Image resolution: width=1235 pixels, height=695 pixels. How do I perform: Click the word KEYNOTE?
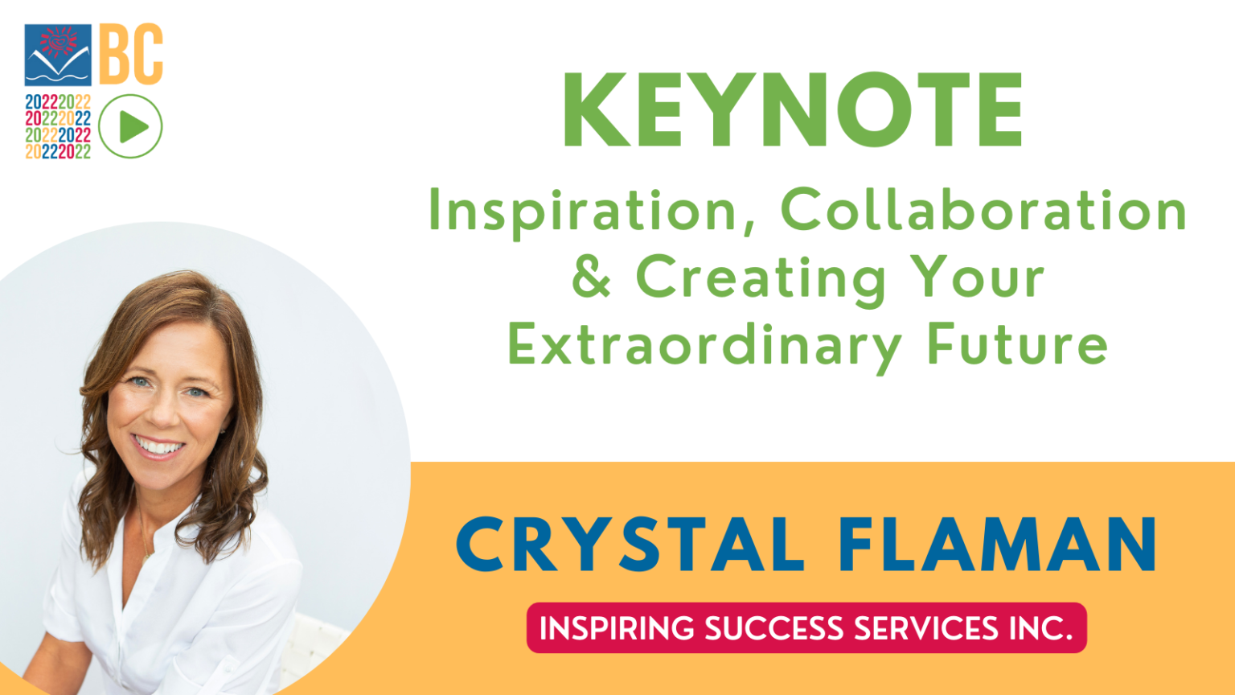[792, 110]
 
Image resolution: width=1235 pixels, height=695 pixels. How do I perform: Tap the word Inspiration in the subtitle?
[583, 211]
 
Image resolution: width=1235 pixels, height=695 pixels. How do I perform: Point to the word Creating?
[760, 278]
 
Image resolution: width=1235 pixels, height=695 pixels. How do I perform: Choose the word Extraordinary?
[704, 346]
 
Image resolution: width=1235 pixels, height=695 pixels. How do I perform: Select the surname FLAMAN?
[997, 545]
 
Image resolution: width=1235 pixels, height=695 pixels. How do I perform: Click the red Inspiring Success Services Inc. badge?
[806, 627]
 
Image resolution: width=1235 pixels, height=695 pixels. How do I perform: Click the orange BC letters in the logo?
[131, 54]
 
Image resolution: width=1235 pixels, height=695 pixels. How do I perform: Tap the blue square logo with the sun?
[58, 55]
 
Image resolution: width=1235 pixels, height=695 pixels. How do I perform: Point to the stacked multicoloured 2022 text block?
[58, 126]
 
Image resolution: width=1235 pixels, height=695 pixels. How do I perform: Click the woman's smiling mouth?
[158, 446]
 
